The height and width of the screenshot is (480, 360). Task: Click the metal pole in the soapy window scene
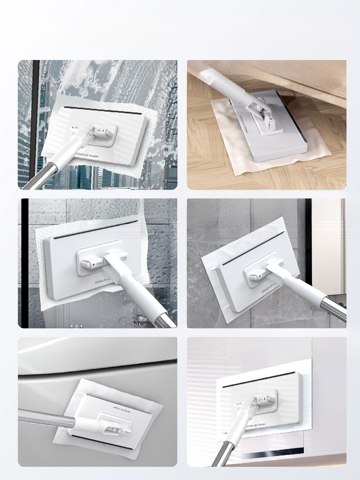pyautogui.click(x=38, y=178)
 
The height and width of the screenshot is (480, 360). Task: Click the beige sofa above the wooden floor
pyautogui.click(x=288, y=77)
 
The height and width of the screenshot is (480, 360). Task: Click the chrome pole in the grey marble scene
pyautogui.click(x=331, y=307)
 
